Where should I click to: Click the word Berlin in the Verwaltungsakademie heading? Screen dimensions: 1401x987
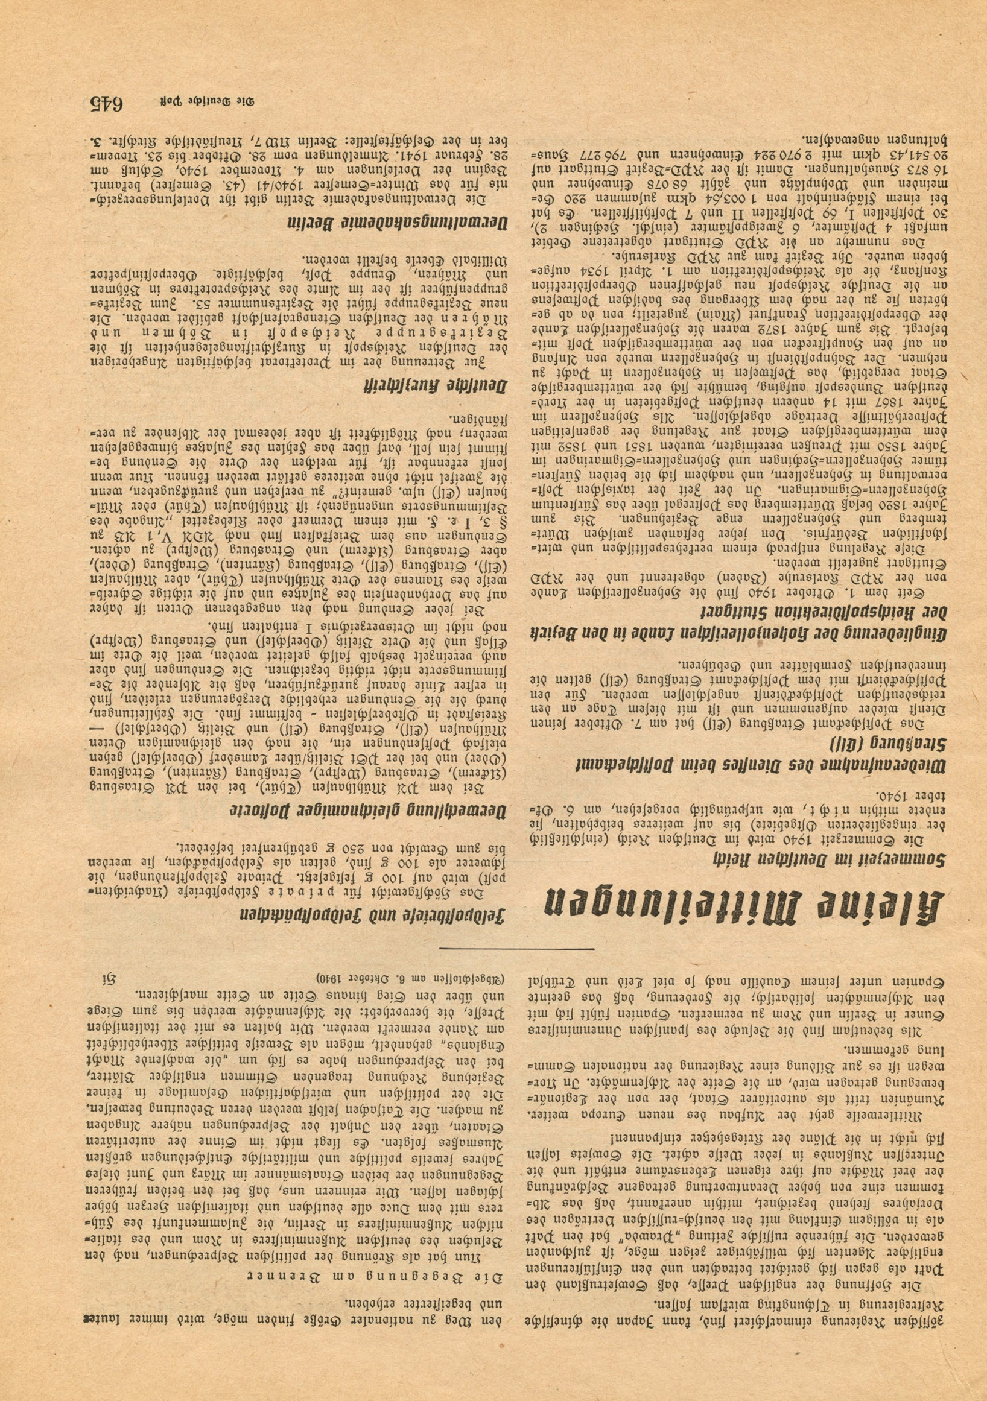[x=314, y=223]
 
